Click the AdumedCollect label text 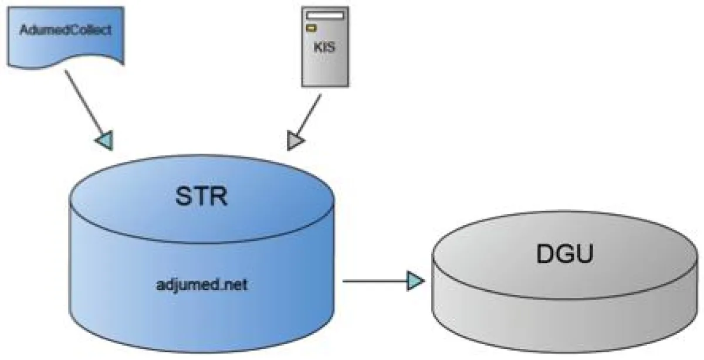click(65, 30)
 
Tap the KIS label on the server click(324, 46)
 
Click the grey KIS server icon click(324, 64)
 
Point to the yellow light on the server click(313, 27)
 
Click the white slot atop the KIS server click(324, 13)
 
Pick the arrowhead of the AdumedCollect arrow click(104, 140)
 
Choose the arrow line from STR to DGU click(375, 281)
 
